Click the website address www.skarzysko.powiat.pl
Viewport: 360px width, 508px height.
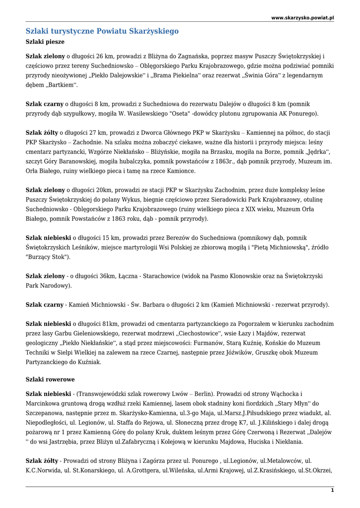tap(302, 18)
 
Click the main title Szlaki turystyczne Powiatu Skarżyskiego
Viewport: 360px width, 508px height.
tap(102, 31)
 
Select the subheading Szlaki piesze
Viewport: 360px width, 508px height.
tap(45, 42)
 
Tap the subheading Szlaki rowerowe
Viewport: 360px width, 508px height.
tap(50, 379)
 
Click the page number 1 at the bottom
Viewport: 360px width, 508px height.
tap(332, 490)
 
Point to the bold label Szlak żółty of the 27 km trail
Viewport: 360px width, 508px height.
tap(42, 133)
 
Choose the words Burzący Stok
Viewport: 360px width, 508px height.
tap(48, 257)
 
